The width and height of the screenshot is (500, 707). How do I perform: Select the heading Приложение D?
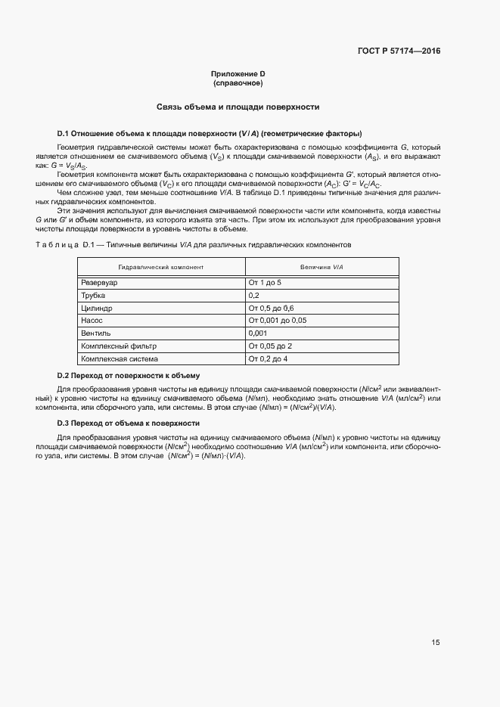(x=238, y=73)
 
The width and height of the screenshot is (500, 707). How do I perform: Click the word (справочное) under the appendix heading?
(x=238, y=82)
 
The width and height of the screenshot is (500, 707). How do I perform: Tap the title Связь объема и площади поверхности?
(x=238, y=107)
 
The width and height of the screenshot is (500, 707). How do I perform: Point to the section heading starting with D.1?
(x=203, y=132)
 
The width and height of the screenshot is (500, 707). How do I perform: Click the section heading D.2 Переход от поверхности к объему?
(x=129, y=376)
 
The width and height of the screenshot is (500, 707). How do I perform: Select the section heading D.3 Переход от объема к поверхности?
(x=129, y=423)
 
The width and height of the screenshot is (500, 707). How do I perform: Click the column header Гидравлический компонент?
(x=161, y=268)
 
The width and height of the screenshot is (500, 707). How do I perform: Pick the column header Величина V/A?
(x=321, y=268)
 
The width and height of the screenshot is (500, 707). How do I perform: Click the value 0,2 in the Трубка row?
(x=254, y=295)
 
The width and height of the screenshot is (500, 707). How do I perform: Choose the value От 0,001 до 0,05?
(x=277, y=321)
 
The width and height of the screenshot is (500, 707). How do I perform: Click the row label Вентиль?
(x=96, y=333)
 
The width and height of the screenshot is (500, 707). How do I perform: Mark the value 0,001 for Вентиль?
(x=258, y=333)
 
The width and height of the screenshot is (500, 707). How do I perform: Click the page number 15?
(x=435, y=643)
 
